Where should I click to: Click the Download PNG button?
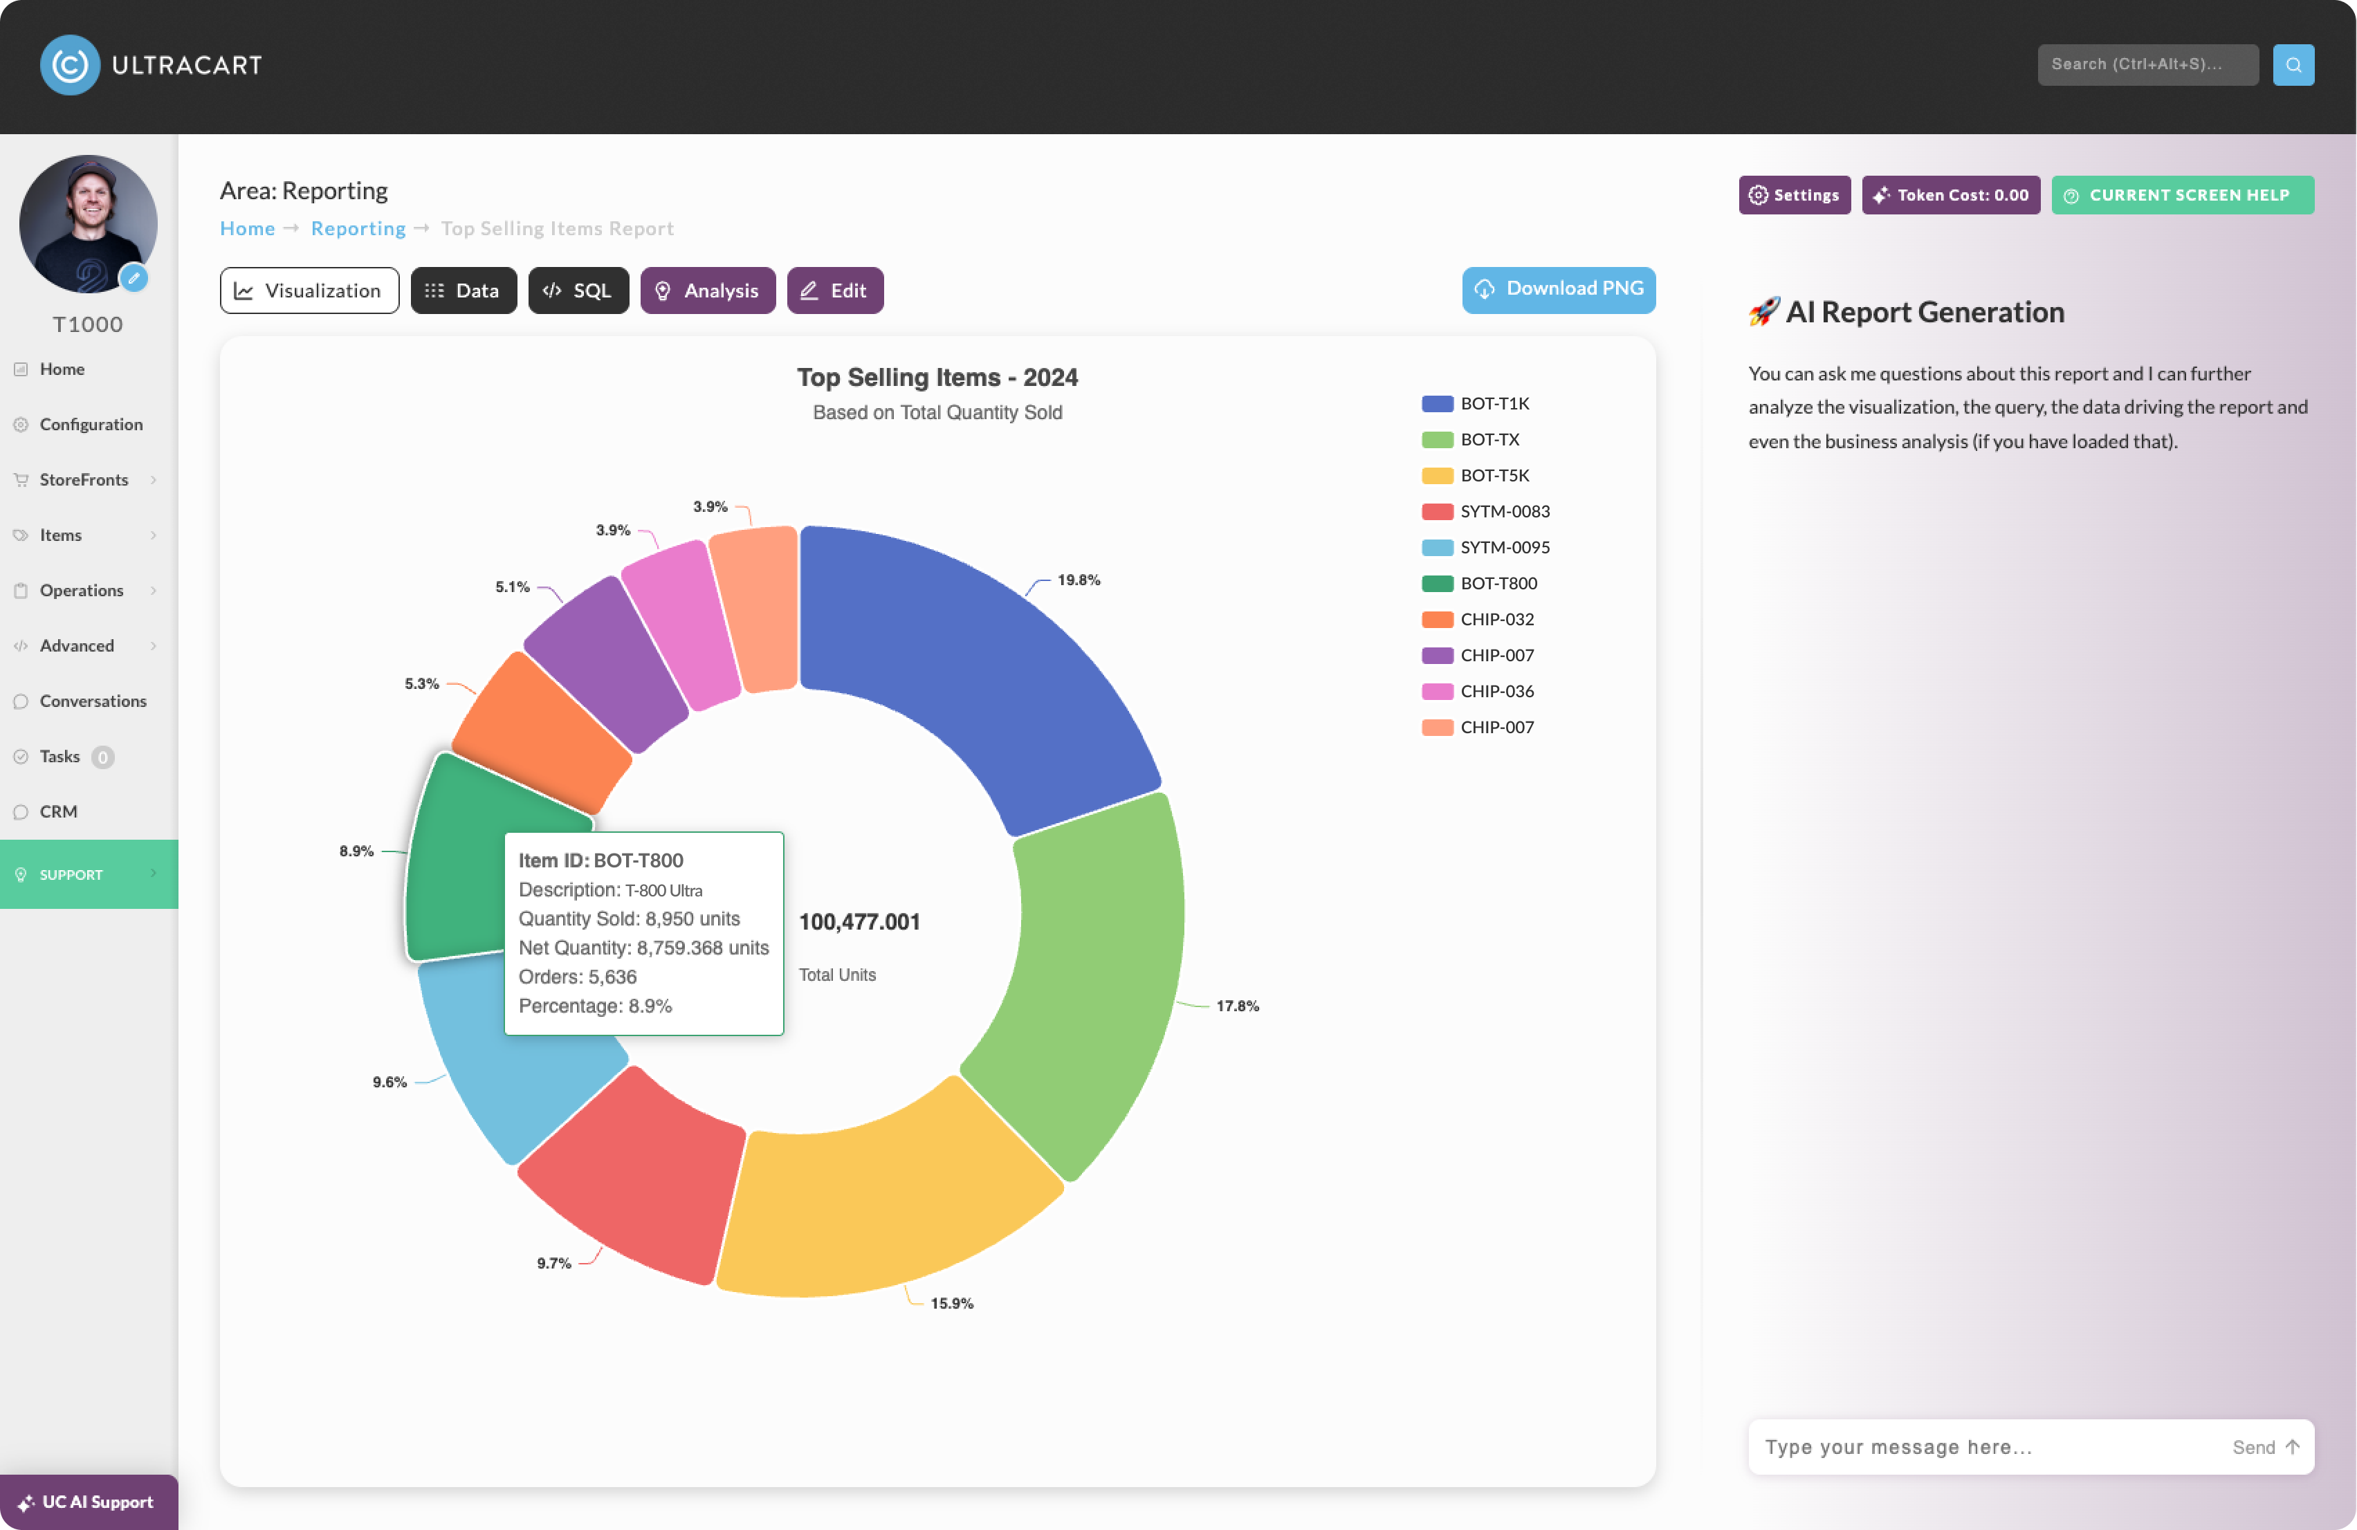pyautogui.click(x=1558, y=289)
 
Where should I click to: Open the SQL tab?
pyautogui.click(x=578, y=290)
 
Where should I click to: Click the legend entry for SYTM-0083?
pyautogui.click(x=1485, y=511)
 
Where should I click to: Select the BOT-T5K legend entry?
pyautogui.click(x=1476, y=475)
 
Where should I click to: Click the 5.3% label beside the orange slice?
pyautogui.click(x=421, y=683)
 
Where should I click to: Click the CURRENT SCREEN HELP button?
pyautogui.click(x=2182, y=195)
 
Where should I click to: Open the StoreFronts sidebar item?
pyautogui.click(x=84, y=479)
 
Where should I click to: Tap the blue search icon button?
pyautogui.click(x=2293, y=64)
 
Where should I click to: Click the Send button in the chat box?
pyautogui.click(x=2266, y=1447)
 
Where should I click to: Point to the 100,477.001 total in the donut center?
pyautogui.click(x=859, y=922)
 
